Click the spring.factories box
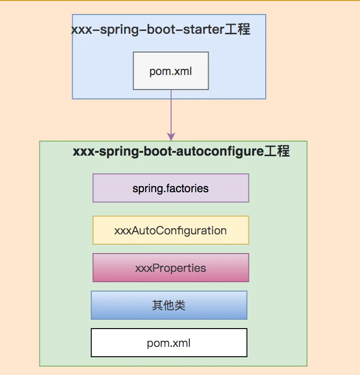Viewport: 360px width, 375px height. (x=171, y=188)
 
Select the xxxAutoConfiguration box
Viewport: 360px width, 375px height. (x=171, y=230)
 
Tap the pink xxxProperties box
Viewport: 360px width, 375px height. (x=171, y=268)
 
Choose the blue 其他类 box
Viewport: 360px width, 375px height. (x=169, y=305)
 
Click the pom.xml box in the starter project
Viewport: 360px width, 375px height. (x=171, y=71)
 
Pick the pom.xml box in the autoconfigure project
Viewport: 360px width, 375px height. (x=169, y=343)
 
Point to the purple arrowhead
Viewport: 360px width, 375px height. (x=171, y=136)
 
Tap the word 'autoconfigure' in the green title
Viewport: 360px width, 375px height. (x=220, y=152)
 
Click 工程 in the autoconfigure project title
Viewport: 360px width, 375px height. (x=277, y=151)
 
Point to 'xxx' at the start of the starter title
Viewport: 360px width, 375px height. (x=82, y=30)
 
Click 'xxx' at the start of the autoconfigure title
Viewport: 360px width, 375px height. (x=84, y=152)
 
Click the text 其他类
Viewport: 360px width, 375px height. (x=169, y=306)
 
